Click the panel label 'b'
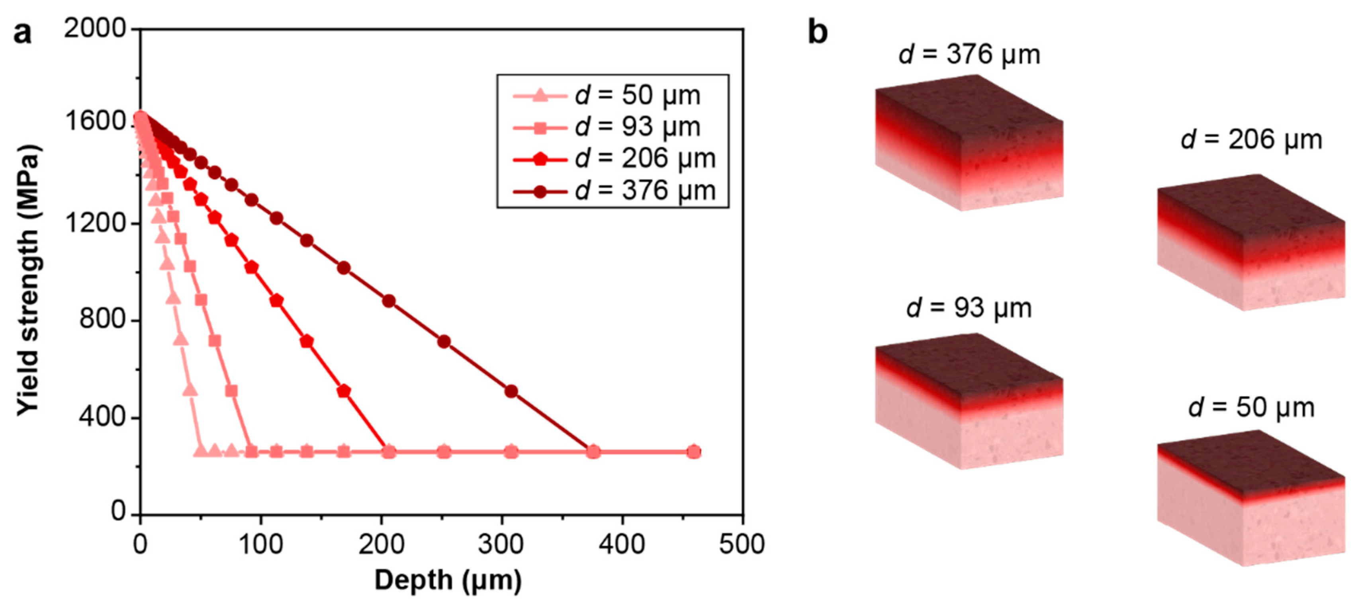click(817, 33)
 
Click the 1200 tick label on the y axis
click(95, 223)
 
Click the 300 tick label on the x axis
click(501, 544)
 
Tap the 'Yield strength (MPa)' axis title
click(27, 279)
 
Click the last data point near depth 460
click(694, 452)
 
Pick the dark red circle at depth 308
click(511, 391)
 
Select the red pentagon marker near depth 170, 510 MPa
click(344, 391)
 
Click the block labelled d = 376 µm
click(969, 143)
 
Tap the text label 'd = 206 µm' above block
click(1251, 140)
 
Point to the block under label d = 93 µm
click(969, 401)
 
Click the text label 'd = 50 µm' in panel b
click(1251, 408)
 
